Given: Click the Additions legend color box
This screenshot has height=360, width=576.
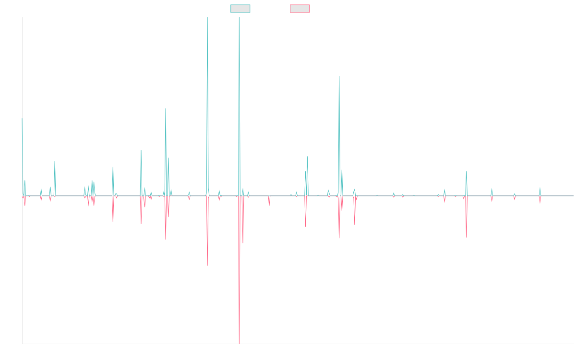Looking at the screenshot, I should (240, 9).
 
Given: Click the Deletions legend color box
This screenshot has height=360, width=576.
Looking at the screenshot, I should (300, 9).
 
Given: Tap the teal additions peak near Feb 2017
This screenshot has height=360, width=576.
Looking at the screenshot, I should (166, 108).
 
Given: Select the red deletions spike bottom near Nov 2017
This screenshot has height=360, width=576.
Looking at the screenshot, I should (207, 265).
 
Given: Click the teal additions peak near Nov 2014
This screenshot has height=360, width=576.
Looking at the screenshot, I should (55, 161).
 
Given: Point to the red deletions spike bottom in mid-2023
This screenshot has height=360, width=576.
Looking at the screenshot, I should (467, 237).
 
